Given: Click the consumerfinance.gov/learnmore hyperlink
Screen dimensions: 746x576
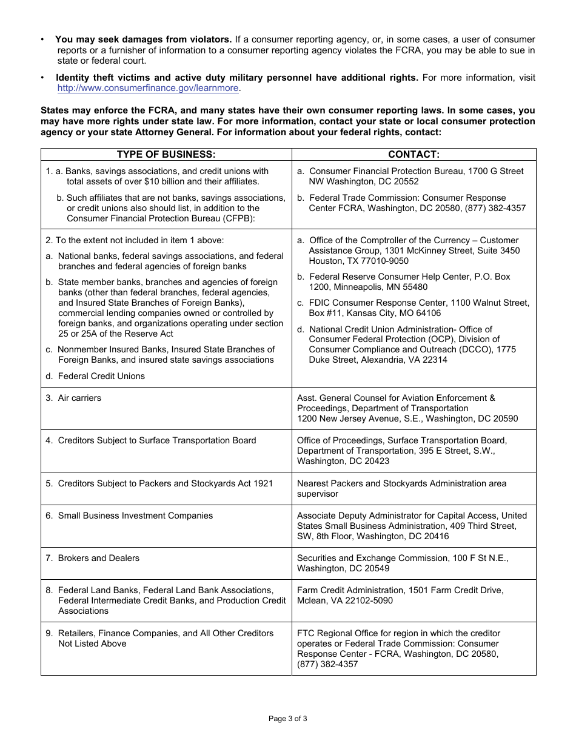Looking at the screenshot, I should pos(148,88).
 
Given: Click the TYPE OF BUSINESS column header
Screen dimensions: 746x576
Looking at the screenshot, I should pos(166,155).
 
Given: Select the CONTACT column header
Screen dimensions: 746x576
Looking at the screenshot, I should pos(414,155).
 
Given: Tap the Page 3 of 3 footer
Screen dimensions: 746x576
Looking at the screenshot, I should pos(288,719).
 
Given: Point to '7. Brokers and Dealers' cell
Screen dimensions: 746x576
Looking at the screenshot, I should pos(92,558).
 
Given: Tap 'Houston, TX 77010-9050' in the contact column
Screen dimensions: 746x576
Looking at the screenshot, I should pos(358,261).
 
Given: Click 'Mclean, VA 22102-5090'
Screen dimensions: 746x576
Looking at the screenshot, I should pos(344,600).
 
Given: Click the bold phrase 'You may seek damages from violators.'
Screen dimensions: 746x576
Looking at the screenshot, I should pos(144,39).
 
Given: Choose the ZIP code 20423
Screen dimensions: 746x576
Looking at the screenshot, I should pos(376,461).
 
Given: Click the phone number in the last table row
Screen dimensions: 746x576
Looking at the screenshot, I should pos(327,664).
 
